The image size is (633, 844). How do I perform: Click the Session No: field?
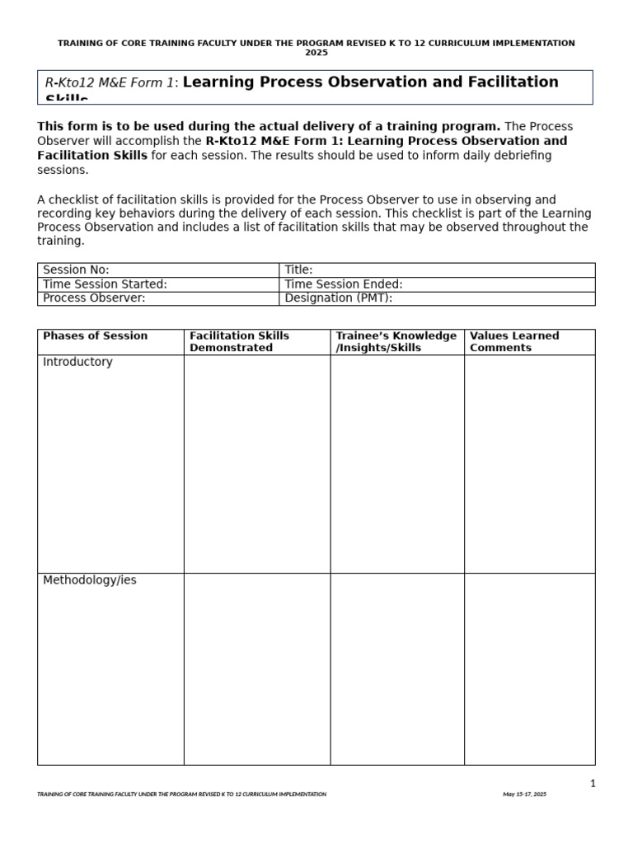tap(158, 270)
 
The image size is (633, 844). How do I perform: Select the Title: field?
tap(437, 270)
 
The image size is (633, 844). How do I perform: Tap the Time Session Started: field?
tap(158, 284)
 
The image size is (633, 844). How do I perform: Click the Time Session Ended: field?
tap(437, 284)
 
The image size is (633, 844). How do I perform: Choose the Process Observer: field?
tap(158, 298)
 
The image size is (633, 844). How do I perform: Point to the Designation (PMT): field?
tap(437, 298)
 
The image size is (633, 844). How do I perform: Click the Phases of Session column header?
tap(95, 336)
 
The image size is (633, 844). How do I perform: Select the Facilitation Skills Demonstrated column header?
tap(239, 342)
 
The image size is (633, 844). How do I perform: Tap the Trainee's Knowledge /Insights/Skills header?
tap(396, 342)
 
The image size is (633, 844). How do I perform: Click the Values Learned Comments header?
tap(513, 342)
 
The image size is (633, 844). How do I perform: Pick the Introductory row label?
tap(77, 362)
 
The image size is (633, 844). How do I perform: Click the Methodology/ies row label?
tap(90, 580)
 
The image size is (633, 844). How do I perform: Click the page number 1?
tap(592, 784)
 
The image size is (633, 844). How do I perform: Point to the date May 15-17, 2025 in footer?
tap(524, 795)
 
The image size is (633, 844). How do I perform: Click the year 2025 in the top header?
tap(316, 53)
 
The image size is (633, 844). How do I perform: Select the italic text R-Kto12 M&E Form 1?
tap(110, 82)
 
